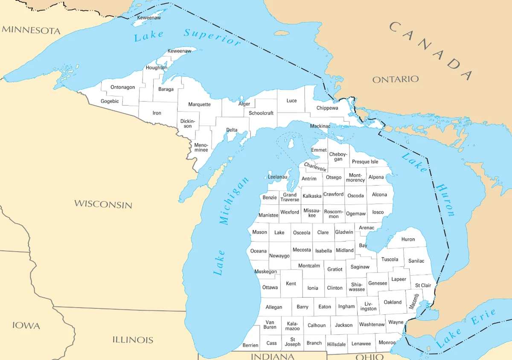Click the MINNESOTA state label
click(31, 30)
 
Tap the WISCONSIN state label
click(103, 204)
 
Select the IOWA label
click(26, 325)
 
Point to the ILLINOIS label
click(133, 340)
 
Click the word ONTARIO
click(396, 79)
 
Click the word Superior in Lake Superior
click(212, 37)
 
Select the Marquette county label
click(199, 105)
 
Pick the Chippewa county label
click(327, 108)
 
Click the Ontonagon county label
click(122, 87)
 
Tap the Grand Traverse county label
click(290, 197)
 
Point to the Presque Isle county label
click(365, 162)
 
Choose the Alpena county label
click(376, 177)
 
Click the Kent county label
click(291, 284)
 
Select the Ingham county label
click(346, 306)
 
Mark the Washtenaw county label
click(372, 325)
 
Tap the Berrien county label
click(250, 345)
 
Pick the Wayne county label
click(396, 322)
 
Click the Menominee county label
click(201, 148)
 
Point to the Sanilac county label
click(416, 261)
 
